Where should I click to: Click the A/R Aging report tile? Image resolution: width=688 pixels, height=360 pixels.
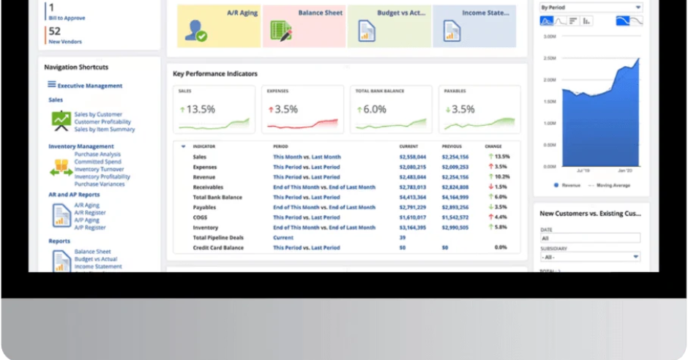218,26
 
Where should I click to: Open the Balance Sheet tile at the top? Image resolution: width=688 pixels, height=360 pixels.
303,26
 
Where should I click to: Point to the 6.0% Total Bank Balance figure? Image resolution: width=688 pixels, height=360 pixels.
374,109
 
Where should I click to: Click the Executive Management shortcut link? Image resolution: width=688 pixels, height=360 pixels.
89,86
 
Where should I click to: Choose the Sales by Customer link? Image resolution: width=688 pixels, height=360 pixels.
98,114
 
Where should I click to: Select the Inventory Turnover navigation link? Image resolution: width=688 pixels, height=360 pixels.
99,169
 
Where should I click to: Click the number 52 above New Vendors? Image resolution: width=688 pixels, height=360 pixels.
55,31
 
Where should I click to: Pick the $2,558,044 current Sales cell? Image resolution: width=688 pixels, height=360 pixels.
412,157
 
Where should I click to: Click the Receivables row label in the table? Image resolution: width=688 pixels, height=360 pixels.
209,187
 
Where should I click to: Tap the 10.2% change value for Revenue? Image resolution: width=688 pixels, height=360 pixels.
501,177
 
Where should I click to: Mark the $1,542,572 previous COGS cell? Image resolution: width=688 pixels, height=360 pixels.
455,217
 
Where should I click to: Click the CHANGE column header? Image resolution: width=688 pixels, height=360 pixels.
493,146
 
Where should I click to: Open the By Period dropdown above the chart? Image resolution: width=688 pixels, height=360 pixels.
590,7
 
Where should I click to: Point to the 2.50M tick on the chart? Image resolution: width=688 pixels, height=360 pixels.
550,58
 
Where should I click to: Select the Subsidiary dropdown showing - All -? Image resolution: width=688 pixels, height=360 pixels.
590,257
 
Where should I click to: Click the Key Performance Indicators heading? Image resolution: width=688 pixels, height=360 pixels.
215,74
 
